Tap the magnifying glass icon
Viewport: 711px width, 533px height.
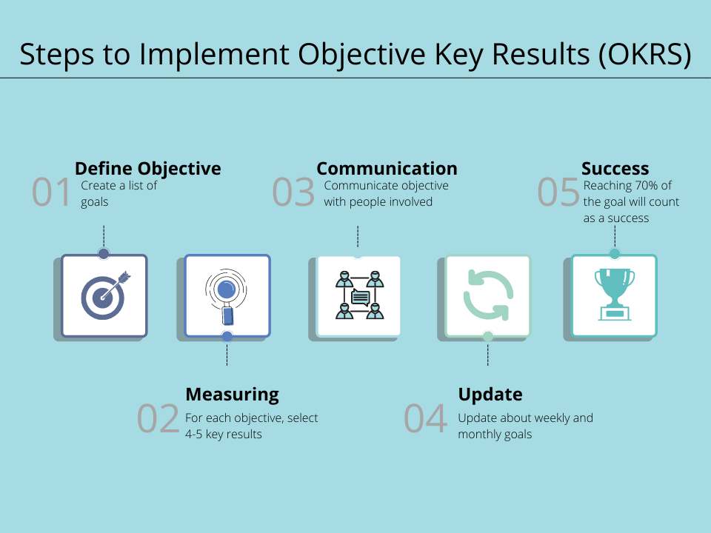point(227,296)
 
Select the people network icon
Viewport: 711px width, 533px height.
point(360,295)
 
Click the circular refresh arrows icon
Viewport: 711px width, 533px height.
point(488,295)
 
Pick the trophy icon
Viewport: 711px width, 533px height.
point(615,294)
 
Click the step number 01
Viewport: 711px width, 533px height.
point(51,192)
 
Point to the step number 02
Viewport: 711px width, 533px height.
point(158,418)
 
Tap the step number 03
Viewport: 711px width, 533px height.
point(293,192)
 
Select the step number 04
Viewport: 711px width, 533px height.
point(425,418)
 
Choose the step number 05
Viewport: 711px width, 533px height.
point(558,192)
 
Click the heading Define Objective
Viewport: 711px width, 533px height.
point(148,169)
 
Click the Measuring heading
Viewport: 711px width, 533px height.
point(232,395)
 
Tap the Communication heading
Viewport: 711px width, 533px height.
point(387,168)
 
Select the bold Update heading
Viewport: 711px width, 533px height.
point(490,395)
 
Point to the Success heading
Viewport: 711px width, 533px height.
point(615,168)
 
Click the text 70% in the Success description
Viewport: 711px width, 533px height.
point(646,185)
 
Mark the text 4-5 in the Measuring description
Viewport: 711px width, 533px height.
point(193,435)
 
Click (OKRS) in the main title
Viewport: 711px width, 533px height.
point(644,54)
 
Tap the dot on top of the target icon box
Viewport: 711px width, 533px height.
point(104,254)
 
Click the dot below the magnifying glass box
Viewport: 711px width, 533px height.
point(227,336)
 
